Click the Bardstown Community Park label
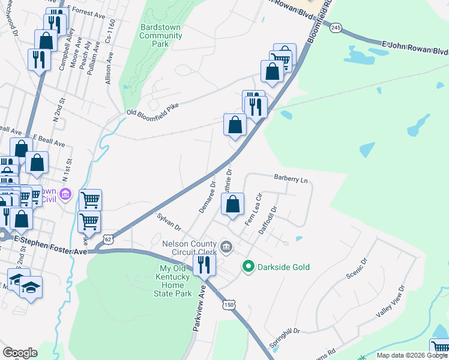pyautogui.click(x=160, y=36)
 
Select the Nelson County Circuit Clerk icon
pyautogui.click(x=227, y=247)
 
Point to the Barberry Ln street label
pyautogui.click(x=291, y=179)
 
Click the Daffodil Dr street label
pyautogui.click(x=268, y=220)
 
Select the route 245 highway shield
pyautogui.click(x=336, y=28)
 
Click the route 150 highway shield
pyautogui.click(x=229, y=305)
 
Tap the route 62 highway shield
pyautogui.click(x=107, y=239)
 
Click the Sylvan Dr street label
pyautogui.click(x=169, y=221)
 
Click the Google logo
pyautogui.click(x=20, y=353)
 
